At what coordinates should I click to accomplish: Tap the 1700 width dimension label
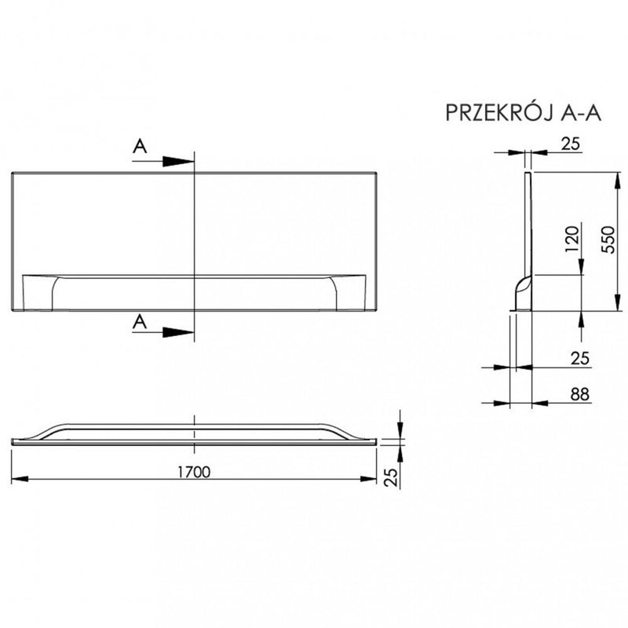tap(194, 473)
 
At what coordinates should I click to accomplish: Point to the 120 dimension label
tap(572, 239)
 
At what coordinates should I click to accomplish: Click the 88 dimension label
tap(580, 394)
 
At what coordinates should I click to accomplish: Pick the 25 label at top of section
tap(571, 144)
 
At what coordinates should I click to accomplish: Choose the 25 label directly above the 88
tap(580, 358)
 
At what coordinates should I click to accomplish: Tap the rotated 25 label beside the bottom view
tap(391, 477)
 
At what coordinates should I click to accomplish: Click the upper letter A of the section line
tap(140, 146)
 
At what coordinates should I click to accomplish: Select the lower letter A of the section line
tap(140, 322)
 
